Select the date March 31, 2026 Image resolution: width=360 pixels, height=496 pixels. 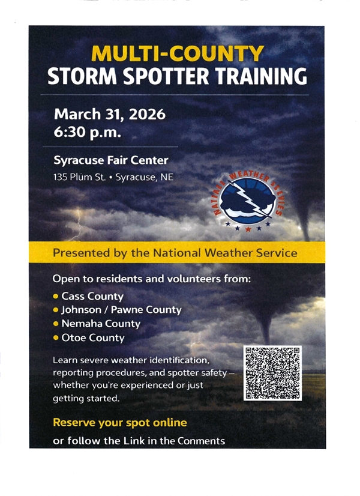[109, 114]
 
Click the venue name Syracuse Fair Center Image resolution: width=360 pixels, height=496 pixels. [111, 160]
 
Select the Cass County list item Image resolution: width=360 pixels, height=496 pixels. [92, 296]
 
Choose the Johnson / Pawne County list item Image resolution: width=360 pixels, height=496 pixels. [121, 310]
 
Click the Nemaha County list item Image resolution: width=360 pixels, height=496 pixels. [100, 324]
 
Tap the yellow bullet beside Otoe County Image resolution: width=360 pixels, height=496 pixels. [56, 337]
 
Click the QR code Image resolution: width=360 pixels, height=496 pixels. [272, 373]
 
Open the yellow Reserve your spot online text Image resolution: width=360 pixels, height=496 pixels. [120, 422]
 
